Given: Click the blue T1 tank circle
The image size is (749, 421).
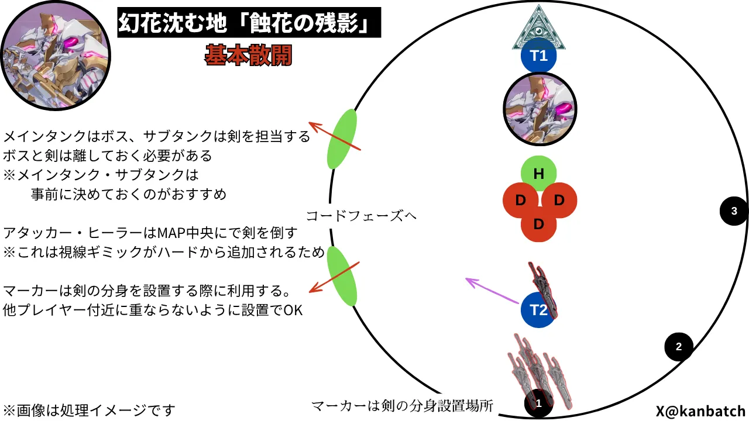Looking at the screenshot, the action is point(539,55).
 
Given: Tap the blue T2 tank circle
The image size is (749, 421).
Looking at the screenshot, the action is point(538,310).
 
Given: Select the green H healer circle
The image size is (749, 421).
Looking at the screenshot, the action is point(539,174).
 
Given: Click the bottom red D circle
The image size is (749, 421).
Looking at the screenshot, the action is point(539,224).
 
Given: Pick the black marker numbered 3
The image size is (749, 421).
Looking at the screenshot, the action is point(734,211).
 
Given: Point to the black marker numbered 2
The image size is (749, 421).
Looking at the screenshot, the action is point(679,347).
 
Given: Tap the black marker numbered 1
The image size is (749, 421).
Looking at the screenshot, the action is point(538,403).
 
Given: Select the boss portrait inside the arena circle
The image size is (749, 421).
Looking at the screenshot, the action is point(540,109).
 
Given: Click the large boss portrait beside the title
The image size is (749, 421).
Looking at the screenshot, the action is point(56,56).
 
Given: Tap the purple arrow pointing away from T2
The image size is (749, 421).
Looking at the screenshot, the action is point(492,291).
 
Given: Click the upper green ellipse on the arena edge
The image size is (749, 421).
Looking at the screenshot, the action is point(342,139).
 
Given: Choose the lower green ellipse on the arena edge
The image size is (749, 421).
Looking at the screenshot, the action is point(342,277).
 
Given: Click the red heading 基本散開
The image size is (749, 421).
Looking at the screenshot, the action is point(249,55).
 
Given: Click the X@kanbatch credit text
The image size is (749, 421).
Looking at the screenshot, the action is point(701,411).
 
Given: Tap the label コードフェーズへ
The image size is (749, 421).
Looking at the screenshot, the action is point(361,216).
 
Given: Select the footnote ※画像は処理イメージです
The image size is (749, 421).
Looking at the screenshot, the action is point(89,410).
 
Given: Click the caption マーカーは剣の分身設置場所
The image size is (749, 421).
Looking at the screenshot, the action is point(402,406).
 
